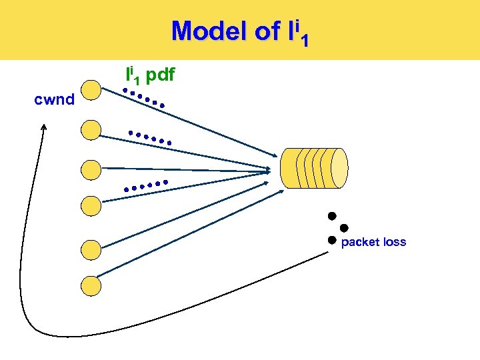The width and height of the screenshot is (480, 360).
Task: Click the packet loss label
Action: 373,242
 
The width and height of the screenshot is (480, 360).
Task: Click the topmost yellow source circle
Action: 91,91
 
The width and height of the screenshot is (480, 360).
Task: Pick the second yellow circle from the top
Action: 91,130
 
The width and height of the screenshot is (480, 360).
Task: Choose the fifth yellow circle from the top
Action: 91,250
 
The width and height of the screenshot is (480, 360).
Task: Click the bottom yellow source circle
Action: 91,286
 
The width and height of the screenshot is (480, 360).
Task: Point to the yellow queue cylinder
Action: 314,168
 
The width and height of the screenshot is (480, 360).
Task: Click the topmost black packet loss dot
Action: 331,216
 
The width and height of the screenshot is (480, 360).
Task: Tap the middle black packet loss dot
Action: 344,228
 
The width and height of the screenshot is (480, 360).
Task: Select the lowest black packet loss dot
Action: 331,240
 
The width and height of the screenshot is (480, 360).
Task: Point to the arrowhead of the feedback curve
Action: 43,128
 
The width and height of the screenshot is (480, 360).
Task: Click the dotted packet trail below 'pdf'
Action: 144,98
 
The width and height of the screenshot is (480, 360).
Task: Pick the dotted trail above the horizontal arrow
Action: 150,137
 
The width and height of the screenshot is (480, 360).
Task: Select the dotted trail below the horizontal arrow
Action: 145,186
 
